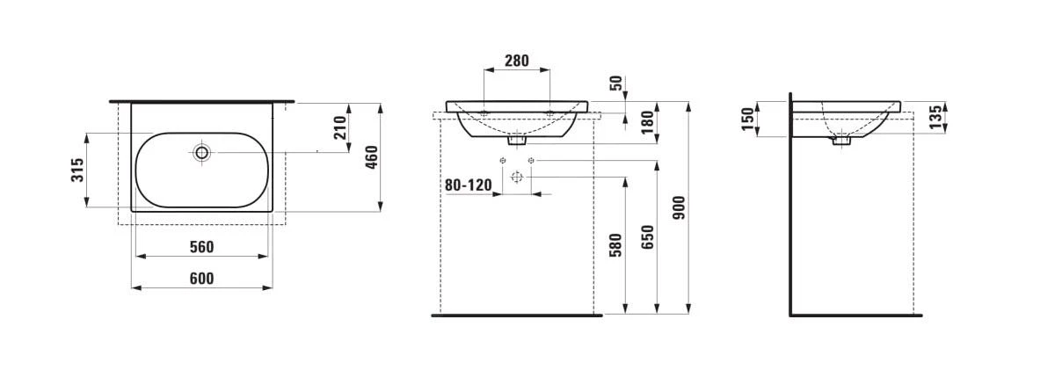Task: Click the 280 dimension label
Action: point(517,61)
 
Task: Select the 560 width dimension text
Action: point(201,247)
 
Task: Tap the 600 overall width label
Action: point(201,279)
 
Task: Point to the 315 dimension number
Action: point(77,170)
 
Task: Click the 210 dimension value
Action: point(339,127)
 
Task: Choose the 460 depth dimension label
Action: point(372,157)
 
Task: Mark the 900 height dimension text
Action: point(679,207)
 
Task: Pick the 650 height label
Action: point(648,237)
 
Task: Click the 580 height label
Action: point(615,245)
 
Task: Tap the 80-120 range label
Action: point(468,185)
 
